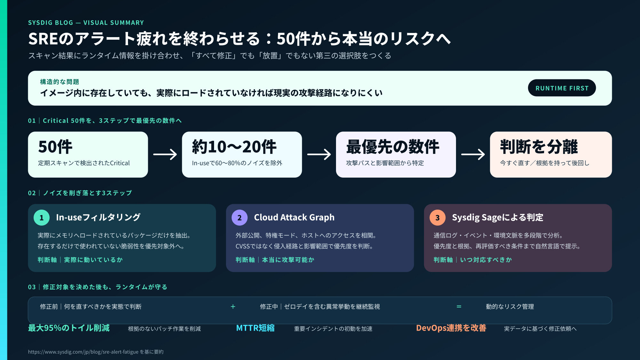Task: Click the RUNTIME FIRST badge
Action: point(562,88)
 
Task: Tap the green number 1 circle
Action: point(42,218)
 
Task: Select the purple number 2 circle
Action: point(240,218)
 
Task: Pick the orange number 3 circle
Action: point(437,218)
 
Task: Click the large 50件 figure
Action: point(55,147)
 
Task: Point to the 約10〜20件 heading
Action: point(234,147)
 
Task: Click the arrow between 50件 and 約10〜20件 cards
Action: point(165,155)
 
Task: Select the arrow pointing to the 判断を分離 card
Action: point(473,155)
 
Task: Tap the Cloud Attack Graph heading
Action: point(294,218)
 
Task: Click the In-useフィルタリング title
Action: point(98,218)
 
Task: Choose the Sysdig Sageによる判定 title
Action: point(498,218)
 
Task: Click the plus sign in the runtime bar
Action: point(233,307)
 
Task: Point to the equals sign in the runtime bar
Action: point(459,307)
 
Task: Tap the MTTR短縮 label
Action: point(255,328)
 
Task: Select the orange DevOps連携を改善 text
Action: point(451,328)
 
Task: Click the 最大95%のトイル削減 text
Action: point(69,328)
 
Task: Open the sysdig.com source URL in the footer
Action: point(83,352)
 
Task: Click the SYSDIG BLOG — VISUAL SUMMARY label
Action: point(86,23)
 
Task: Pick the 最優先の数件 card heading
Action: point(393,147)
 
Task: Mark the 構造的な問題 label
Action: point(60,82)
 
